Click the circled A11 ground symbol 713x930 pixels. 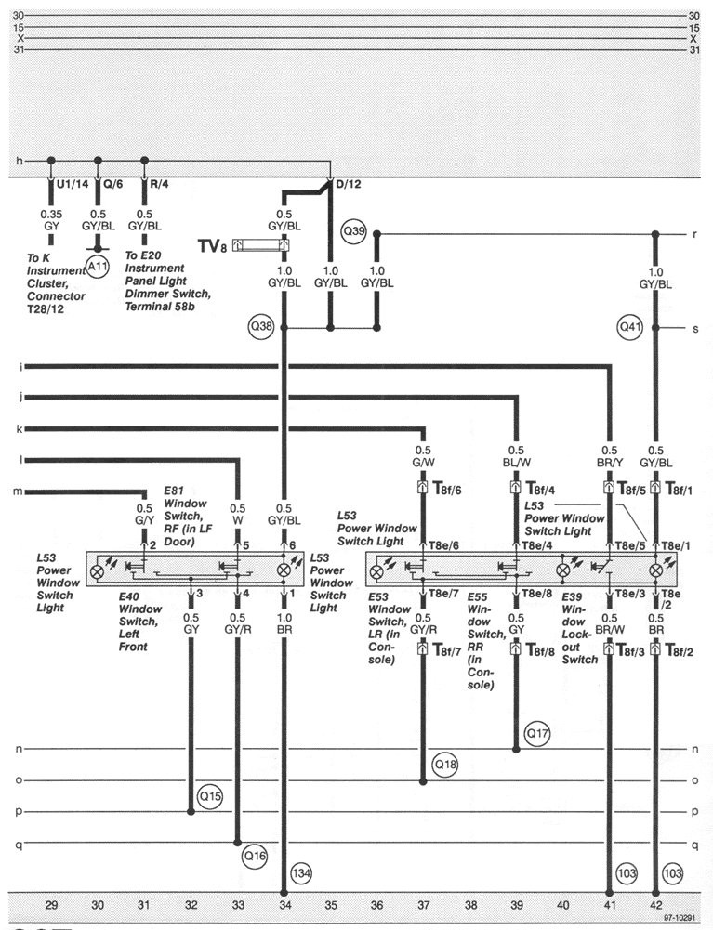tap(98, 268)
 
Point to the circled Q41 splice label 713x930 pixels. tap(629, 326)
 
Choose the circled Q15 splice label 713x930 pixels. tap(211, 796)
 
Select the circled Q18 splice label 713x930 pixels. tap(446, 765)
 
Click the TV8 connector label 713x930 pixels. tap(213, 245)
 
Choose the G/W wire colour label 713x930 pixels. tap(422, 458)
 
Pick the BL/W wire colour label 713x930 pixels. tap(516, 458)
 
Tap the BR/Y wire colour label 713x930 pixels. tap(609, 458)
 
